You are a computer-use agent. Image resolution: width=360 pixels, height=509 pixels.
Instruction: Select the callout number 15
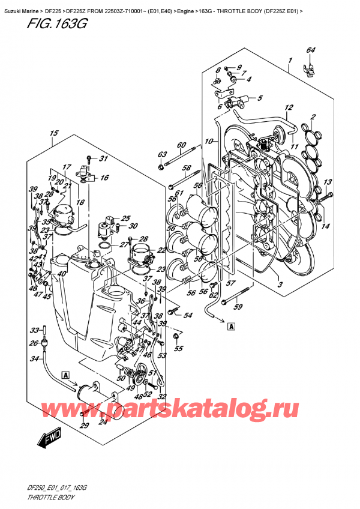click(54, 133)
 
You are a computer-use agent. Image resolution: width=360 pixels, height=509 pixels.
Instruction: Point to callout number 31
click(103, 159)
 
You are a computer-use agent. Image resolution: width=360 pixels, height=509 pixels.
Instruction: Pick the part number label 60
click(181, 145)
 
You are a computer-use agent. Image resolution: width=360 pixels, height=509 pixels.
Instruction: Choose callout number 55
click(178, 349)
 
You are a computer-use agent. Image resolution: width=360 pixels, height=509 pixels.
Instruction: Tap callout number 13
click(327, 182)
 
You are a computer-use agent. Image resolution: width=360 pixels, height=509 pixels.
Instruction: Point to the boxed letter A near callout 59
click(230, 327)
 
